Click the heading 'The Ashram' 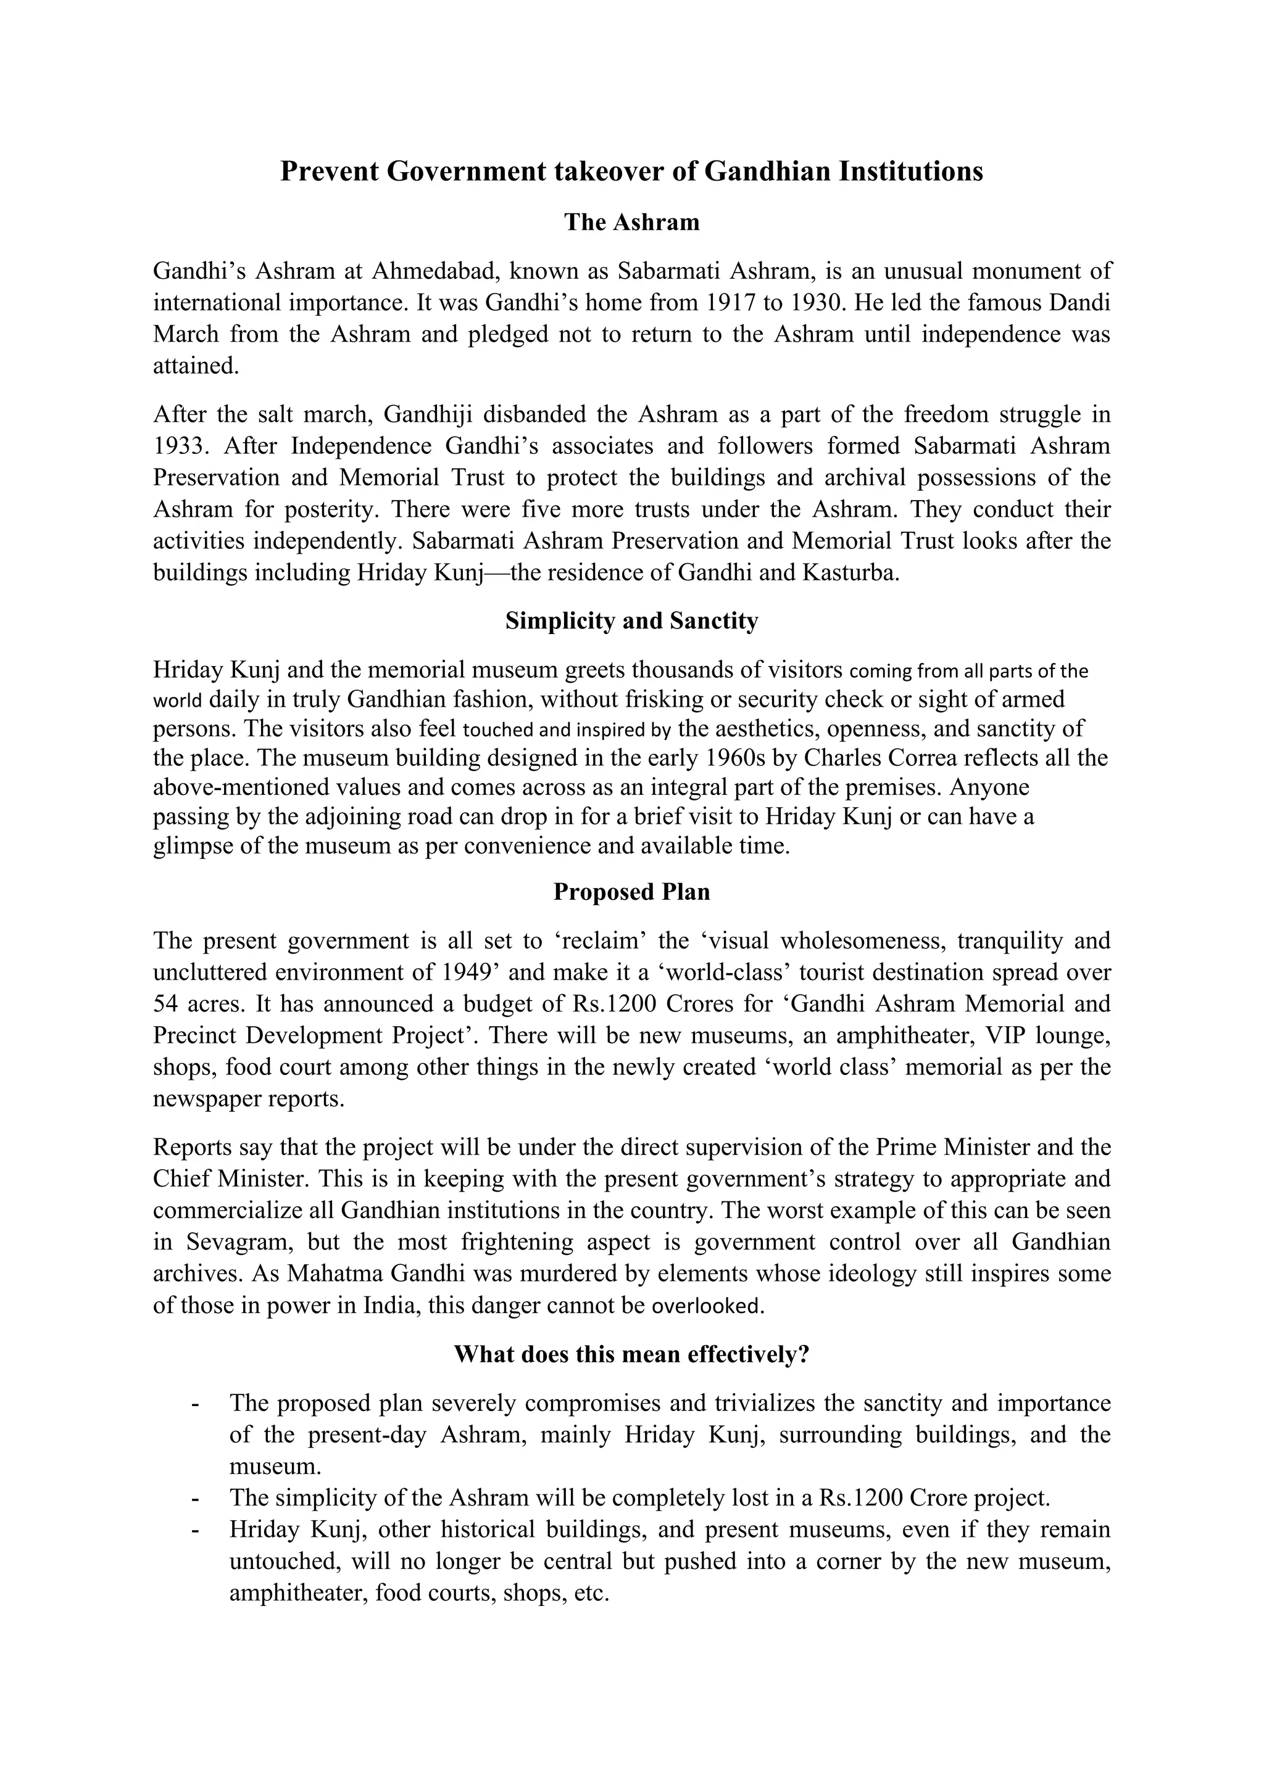[x=631, y=223]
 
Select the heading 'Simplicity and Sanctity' [x=631, y=621]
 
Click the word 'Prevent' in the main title [x=328, y=171]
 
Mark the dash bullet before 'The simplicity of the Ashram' [x=194, y=1497]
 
